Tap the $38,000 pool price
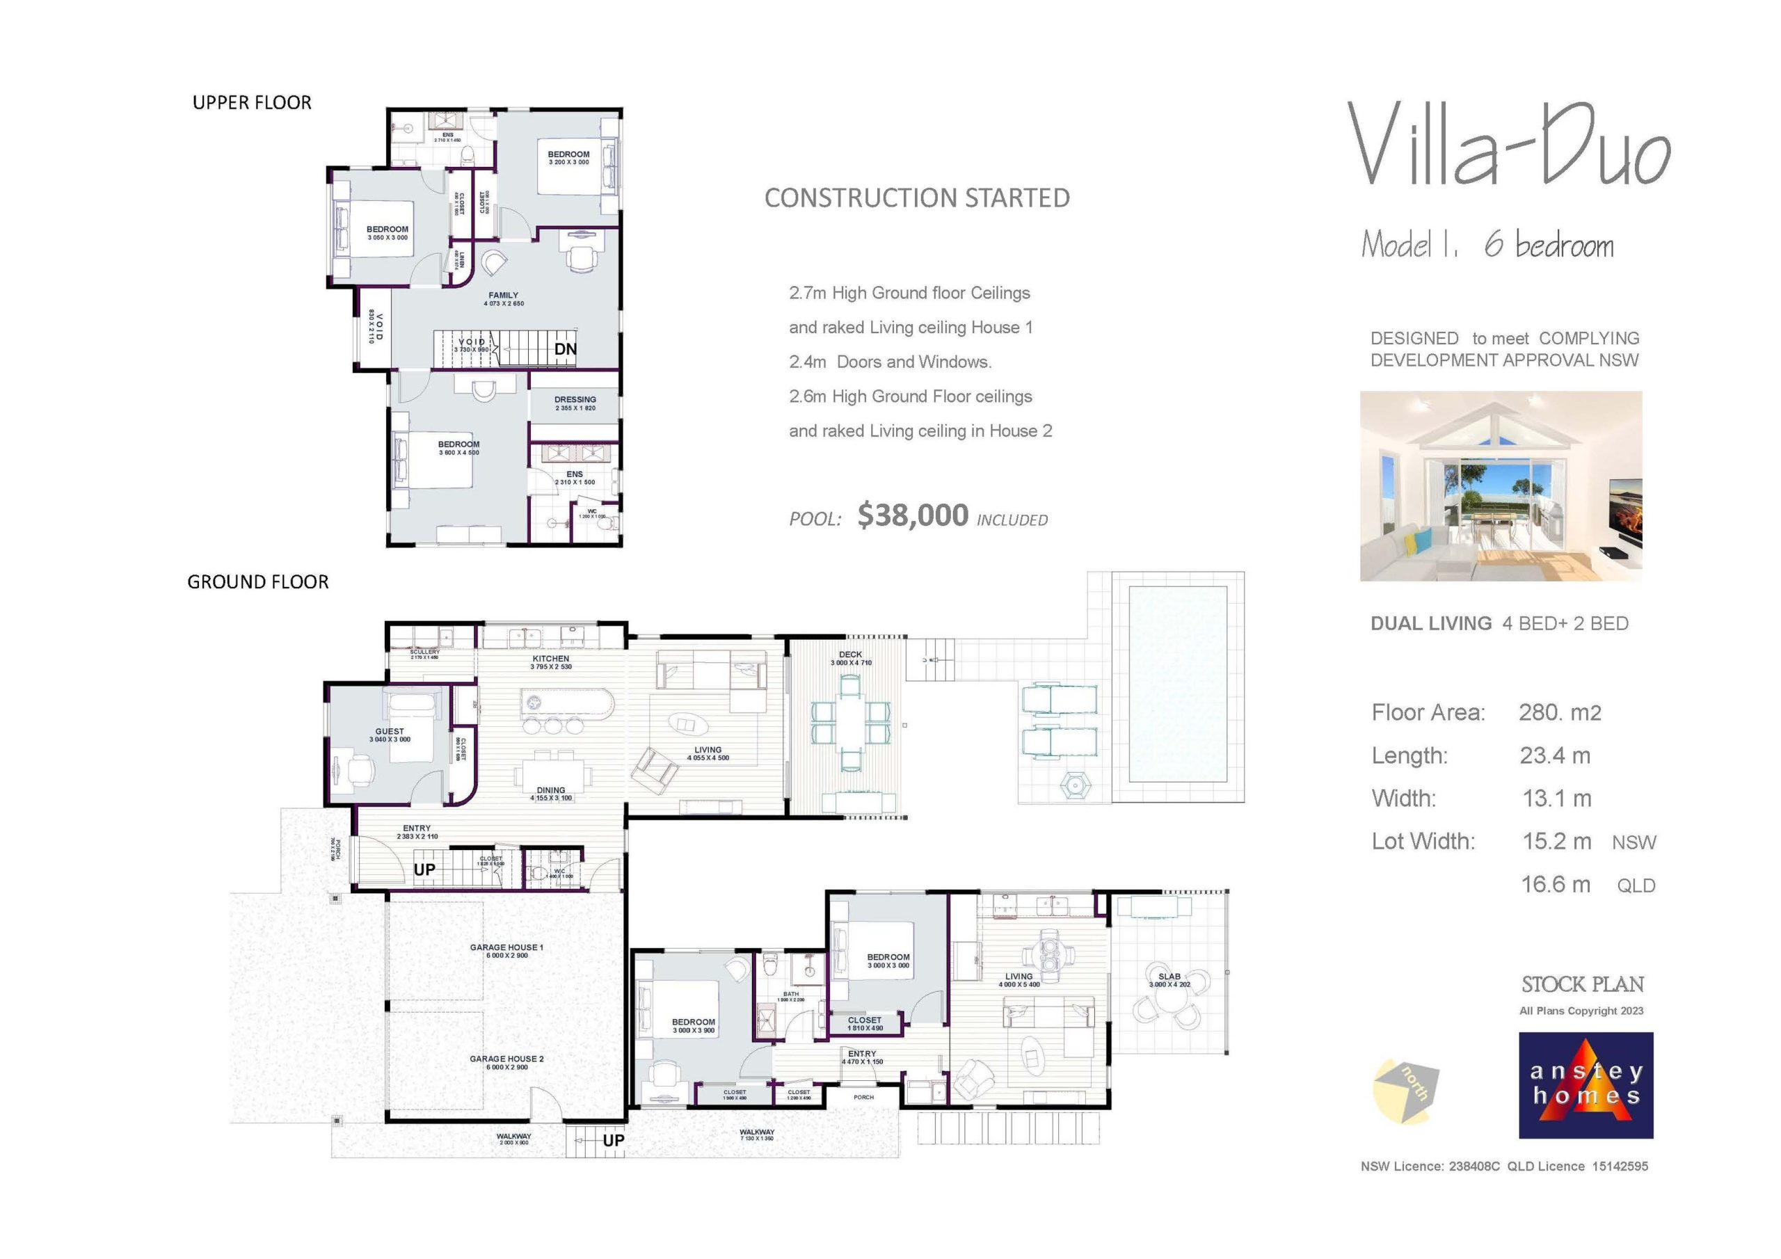point(913,516)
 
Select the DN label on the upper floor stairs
point(566,349)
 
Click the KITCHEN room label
point(551,659)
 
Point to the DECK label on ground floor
point(850,655)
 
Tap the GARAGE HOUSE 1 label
point(506,947)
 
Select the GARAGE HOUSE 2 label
point(506,1059)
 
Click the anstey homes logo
point(1586,1084)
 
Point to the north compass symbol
point(1405,1092)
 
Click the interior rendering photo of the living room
point(1500,486)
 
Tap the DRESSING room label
point(575,399)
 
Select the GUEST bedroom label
point(390,732)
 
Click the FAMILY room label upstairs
point(504,296)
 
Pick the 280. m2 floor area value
point(1559,712)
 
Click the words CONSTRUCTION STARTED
point(917,198)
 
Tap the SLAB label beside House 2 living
point(1169,977)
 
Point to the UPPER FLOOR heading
point(252,103)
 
